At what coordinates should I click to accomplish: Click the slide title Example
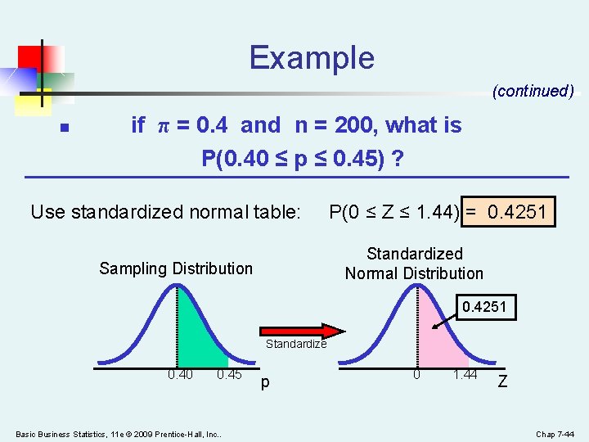click(x=312, y=58)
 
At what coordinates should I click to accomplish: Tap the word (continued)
click(x=533, y=91)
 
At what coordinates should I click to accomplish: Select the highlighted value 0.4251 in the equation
click(x=518, y=212)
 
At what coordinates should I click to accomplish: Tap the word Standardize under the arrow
click(x=295, y=344)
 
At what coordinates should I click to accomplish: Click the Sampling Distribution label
click(x=176, y=268)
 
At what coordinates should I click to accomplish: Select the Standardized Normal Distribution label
click(x=414, y=264)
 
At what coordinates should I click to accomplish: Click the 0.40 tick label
click(x=180, y=376)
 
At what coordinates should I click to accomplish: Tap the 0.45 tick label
click(x=229, y=376)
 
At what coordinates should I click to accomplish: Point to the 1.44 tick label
click(x=466, y=375)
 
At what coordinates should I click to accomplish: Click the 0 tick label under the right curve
click(x=416, y=375)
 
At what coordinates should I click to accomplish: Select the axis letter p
click(x=263, y=382)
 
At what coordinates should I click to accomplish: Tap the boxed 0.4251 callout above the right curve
click(x=484, y=308)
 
